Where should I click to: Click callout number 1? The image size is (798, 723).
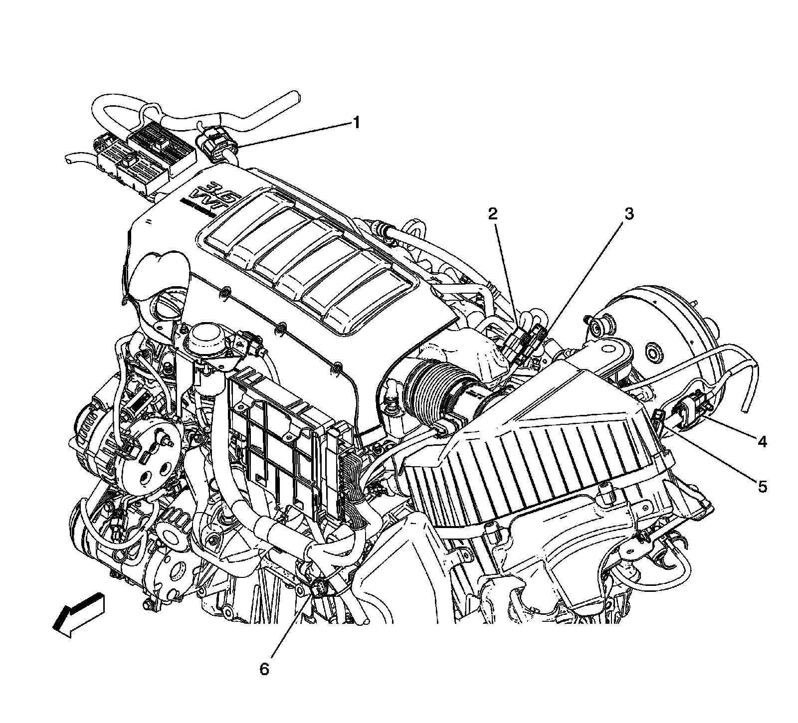tap(356, 123)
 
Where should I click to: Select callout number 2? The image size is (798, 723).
tap(492, 214)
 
